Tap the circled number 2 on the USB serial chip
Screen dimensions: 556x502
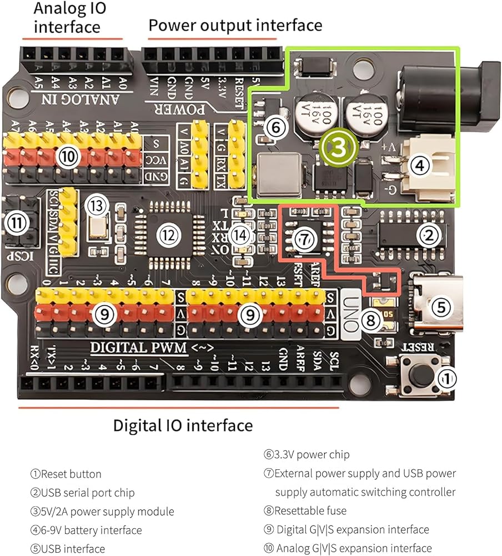[428, 236]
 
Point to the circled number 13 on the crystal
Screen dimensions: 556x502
[98, 206]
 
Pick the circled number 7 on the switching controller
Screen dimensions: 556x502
[303, 240]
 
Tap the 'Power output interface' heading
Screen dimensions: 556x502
[235, 25]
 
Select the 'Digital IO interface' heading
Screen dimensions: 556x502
[183, 426]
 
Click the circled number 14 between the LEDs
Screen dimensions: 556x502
[240, 235]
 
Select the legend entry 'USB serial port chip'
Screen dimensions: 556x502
[82, 493]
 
